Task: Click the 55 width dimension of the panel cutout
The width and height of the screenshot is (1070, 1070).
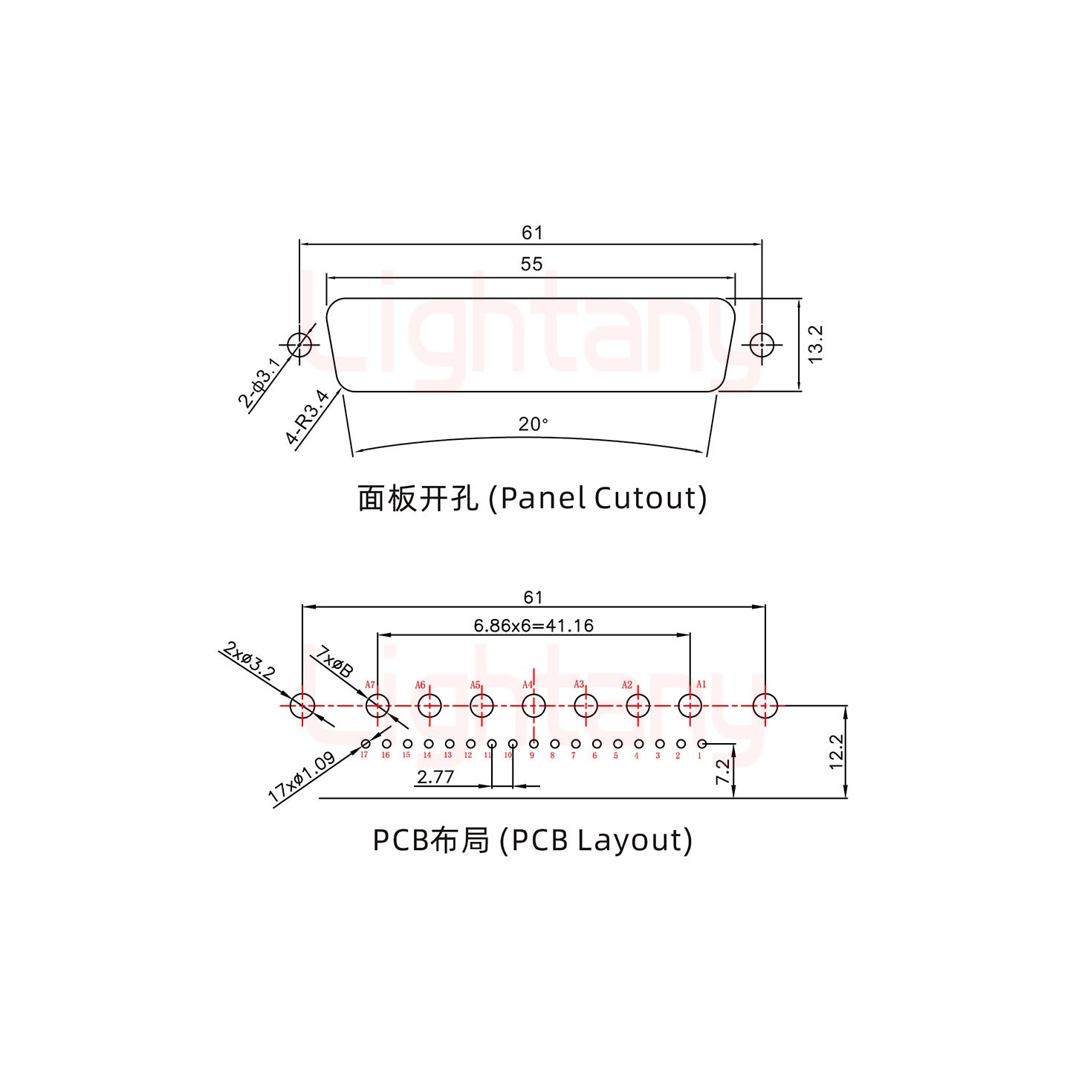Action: coord(531,265)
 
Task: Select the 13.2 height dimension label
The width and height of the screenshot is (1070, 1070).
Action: coord(816,344)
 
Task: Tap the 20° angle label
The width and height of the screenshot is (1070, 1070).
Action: coord(533,424)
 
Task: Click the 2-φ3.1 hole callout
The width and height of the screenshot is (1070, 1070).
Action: coord(259,383)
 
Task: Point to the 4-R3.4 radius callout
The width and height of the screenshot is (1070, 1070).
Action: coord(308,417)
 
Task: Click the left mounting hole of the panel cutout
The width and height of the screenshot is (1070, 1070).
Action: coord(299,344)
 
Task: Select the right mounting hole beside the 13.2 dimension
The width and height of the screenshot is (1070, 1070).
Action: coord(762,344)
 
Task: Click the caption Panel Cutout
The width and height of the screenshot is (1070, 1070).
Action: coord(532,498)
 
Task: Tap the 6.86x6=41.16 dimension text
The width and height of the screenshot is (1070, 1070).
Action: coord(534,626)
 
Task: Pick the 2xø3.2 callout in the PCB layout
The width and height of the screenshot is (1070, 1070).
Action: coord(250,659)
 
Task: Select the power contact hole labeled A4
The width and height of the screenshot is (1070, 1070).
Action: coord(533,705)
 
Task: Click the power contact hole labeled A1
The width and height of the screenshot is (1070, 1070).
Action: coord(690,705)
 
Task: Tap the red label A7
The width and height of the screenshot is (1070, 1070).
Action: coord(370,684)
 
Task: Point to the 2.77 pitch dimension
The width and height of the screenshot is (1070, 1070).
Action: coord(435,778)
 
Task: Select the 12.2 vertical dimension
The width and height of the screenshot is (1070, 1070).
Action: coord(836,751)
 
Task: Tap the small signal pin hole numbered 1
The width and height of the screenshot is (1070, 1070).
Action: coord(701,744)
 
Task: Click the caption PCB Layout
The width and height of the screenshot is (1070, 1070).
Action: coord(532,840)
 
